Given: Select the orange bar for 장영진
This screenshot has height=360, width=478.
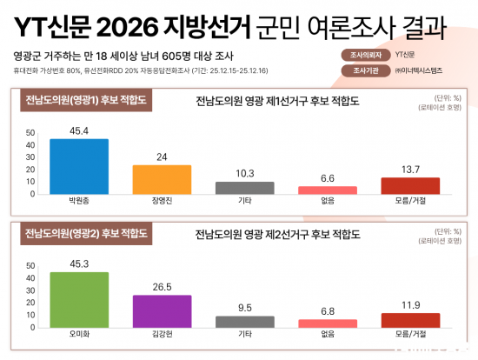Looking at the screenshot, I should pyautogui.click(x=162, y=178).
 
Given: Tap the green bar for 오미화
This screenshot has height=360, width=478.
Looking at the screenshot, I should pyautogui.click(x=79, y=298).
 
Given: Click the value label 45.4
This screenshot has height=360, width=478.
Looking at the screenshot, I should pyautogui.click(x=79, y=132).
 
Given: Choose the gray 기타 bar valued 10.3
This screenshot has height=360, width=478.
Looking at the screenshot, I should pyautogui.click(x=244, y=187).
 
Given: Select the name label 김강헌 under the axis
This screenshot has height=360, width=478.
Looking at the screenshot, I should pyautogui.click(x=162, y=333).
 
